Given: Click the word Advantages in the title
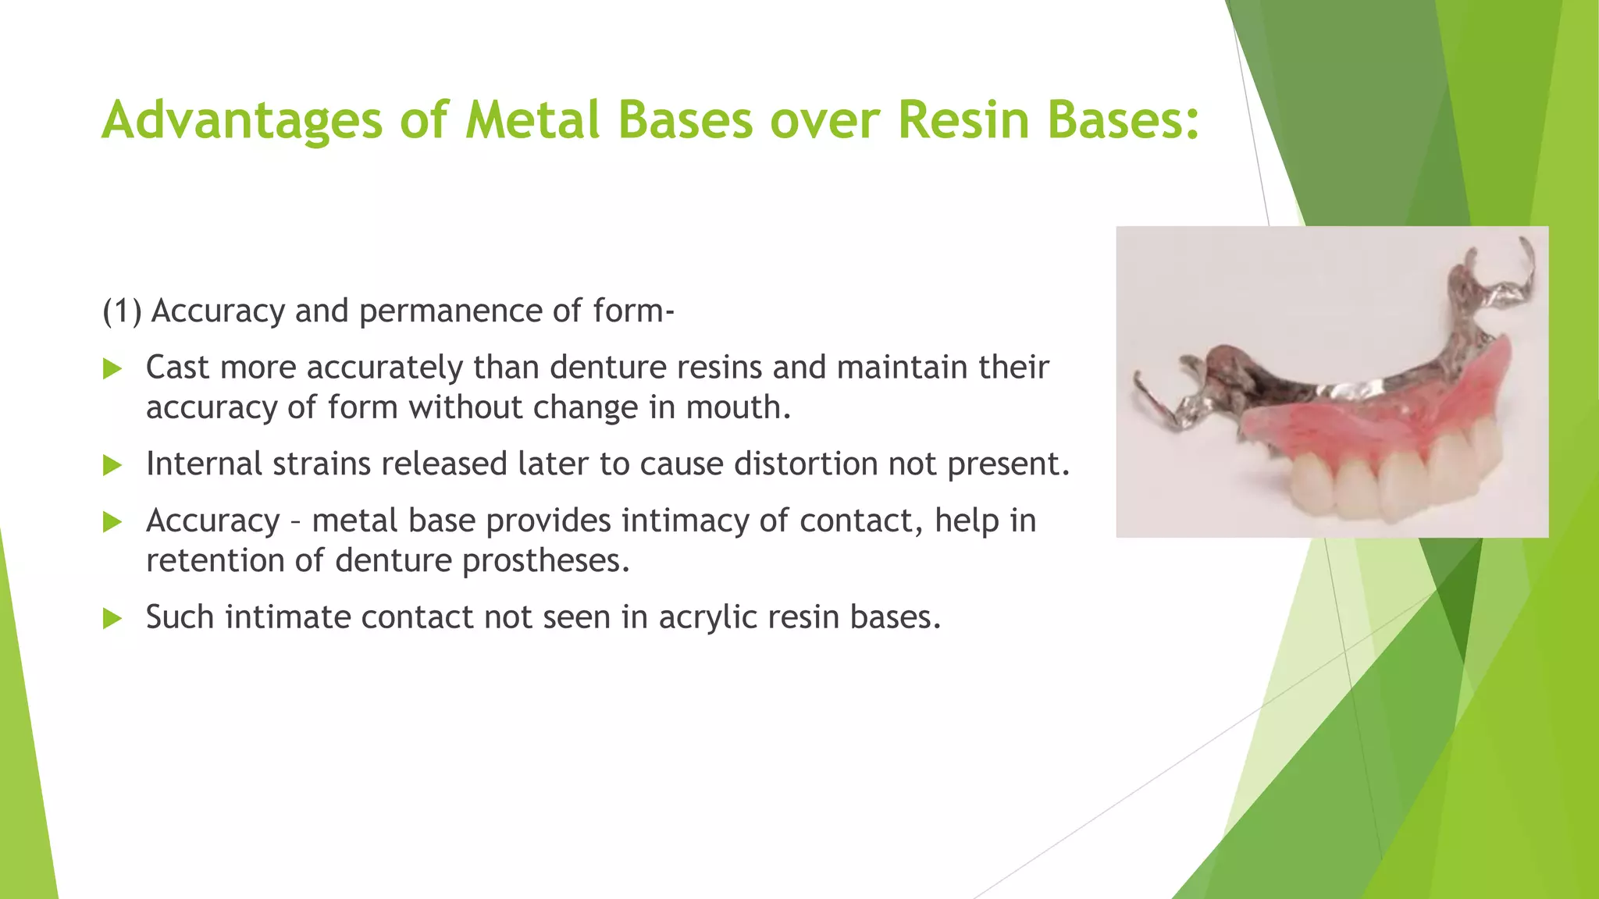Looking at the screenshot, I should [x=242, y=121].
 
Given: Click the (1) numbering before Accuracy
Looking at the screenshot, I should [x=123, y=311].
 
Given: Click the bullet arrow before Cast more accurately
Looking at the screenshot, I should [x=113, y=368].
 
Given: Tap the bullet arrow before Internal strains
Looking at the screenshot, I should [x=113, y=465].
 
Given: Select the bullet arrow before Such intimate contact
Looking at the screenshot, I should [x=113, y=619].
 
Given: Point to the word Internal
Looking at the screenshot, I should [x=204, y=464].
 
